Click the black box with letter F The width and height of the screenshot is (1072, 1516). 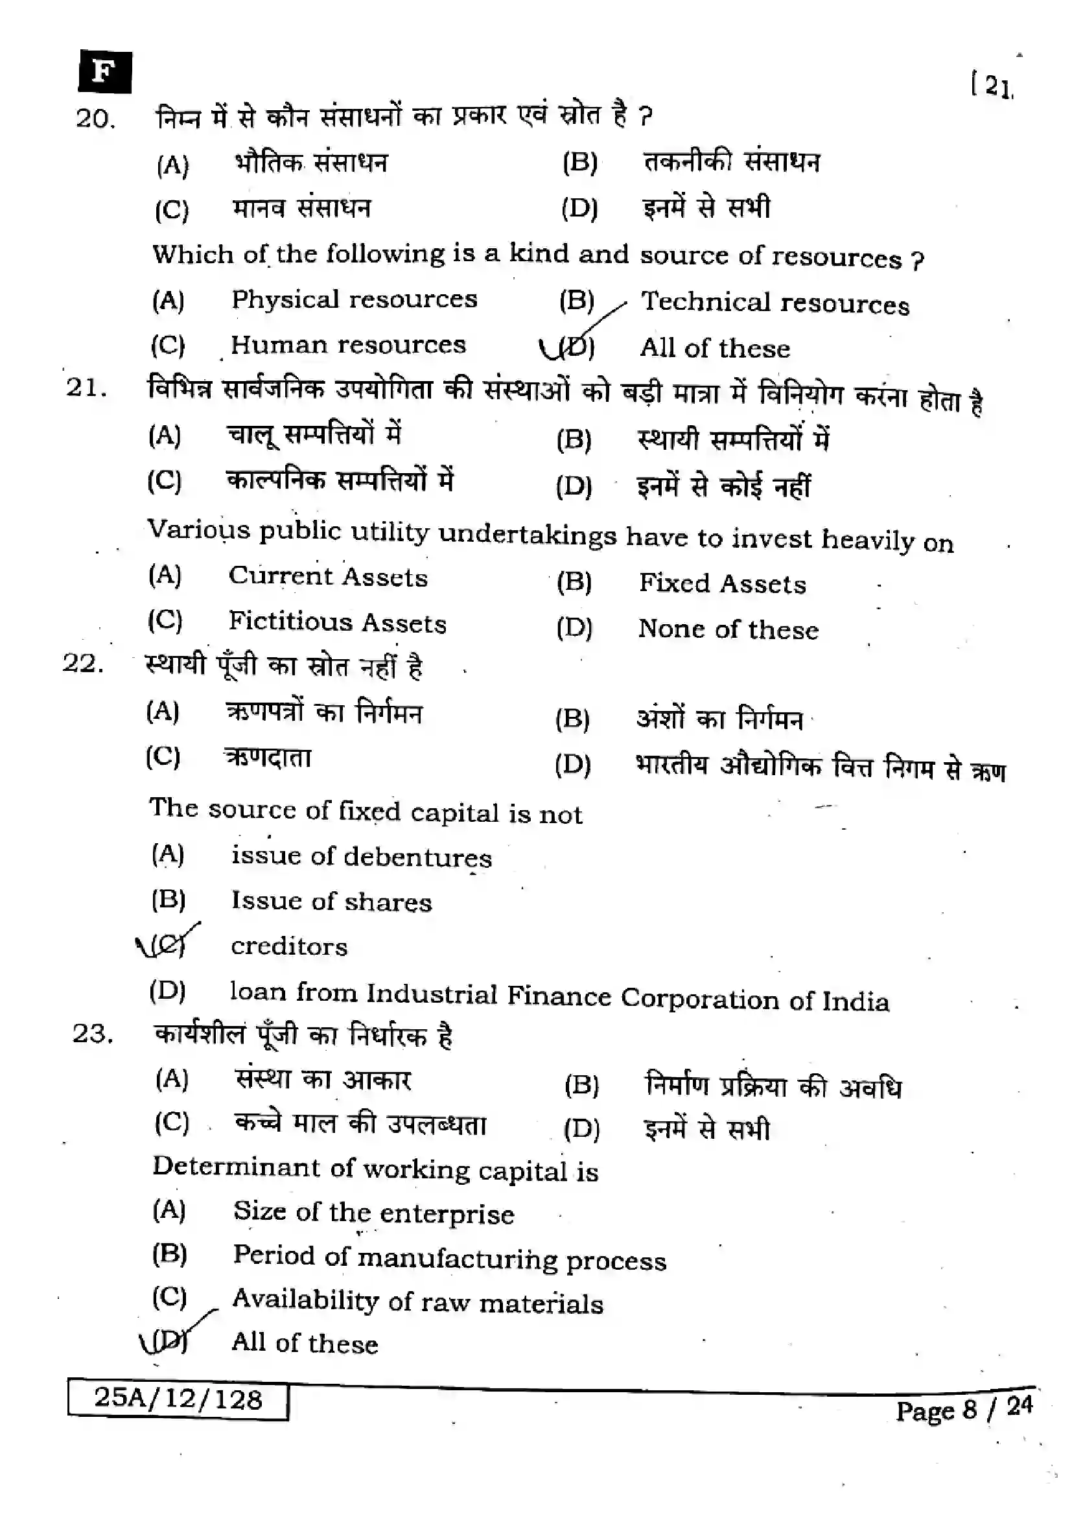point(104,71)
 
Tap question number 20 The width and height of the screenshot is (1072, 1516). point(95,119)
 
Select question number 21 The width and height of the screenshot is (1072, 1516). point(86,388)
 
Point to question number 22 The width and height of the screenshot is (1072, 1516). point(82,662)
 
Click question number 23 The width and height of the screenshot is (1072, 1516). point(93,1033)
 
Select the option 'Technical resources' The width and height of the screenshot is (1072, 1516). point(775,303)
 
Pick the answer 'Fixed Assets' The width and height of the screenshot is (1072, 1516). point(722,584)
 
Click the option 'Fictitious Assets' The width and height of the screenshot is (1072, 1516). point(337,622)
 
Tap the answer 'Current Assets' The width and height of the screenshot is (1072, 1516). point(328,576)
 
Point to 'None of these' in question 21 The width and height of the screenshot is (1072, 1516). point(728,629)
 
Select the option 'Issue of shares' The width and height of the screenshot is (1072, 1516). point(331,902)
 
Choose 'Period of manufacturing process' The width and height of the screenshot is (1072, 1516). point(450,1258)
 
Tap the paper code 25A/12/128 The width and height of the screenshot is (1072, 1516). point(178,1399)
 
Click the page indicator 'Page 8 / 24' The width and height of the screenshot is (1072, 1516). point(963,1410)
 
